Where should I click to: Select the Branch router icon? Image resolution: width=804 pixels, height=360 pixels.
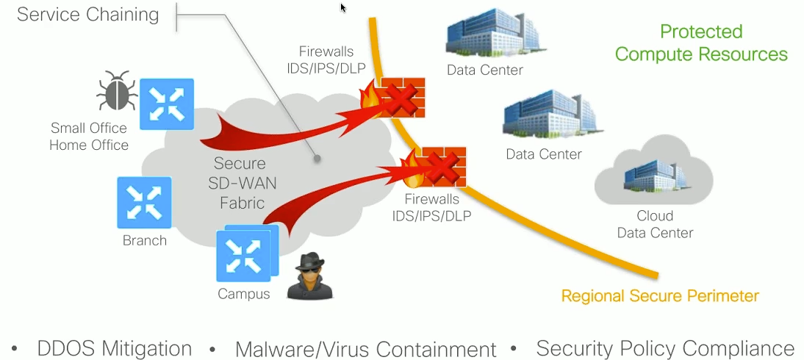(144, 202)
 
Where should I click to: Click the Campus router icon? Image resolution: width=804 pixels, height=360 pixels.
(243, 255)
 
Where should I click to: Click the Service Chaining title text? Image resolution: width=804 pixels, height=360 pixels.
(87, 15)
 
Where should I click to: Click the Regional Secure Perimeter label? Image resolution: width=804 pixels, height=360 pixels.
(660, 296)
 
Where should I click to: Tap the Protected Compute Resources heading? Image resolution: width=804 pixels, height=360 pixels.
(701, 43)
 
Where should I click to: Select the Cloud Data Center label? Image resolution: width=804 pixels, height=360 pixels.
(655, 224)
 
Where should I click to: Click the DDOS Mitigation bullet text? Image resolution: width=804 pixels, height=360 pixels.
(114, 348)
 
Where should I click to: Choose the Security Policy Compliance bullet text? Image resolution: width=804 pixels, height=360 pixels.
(665, 348)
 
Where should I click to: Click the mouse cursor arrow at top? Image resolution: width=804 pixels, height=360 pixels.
(342, 8)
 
